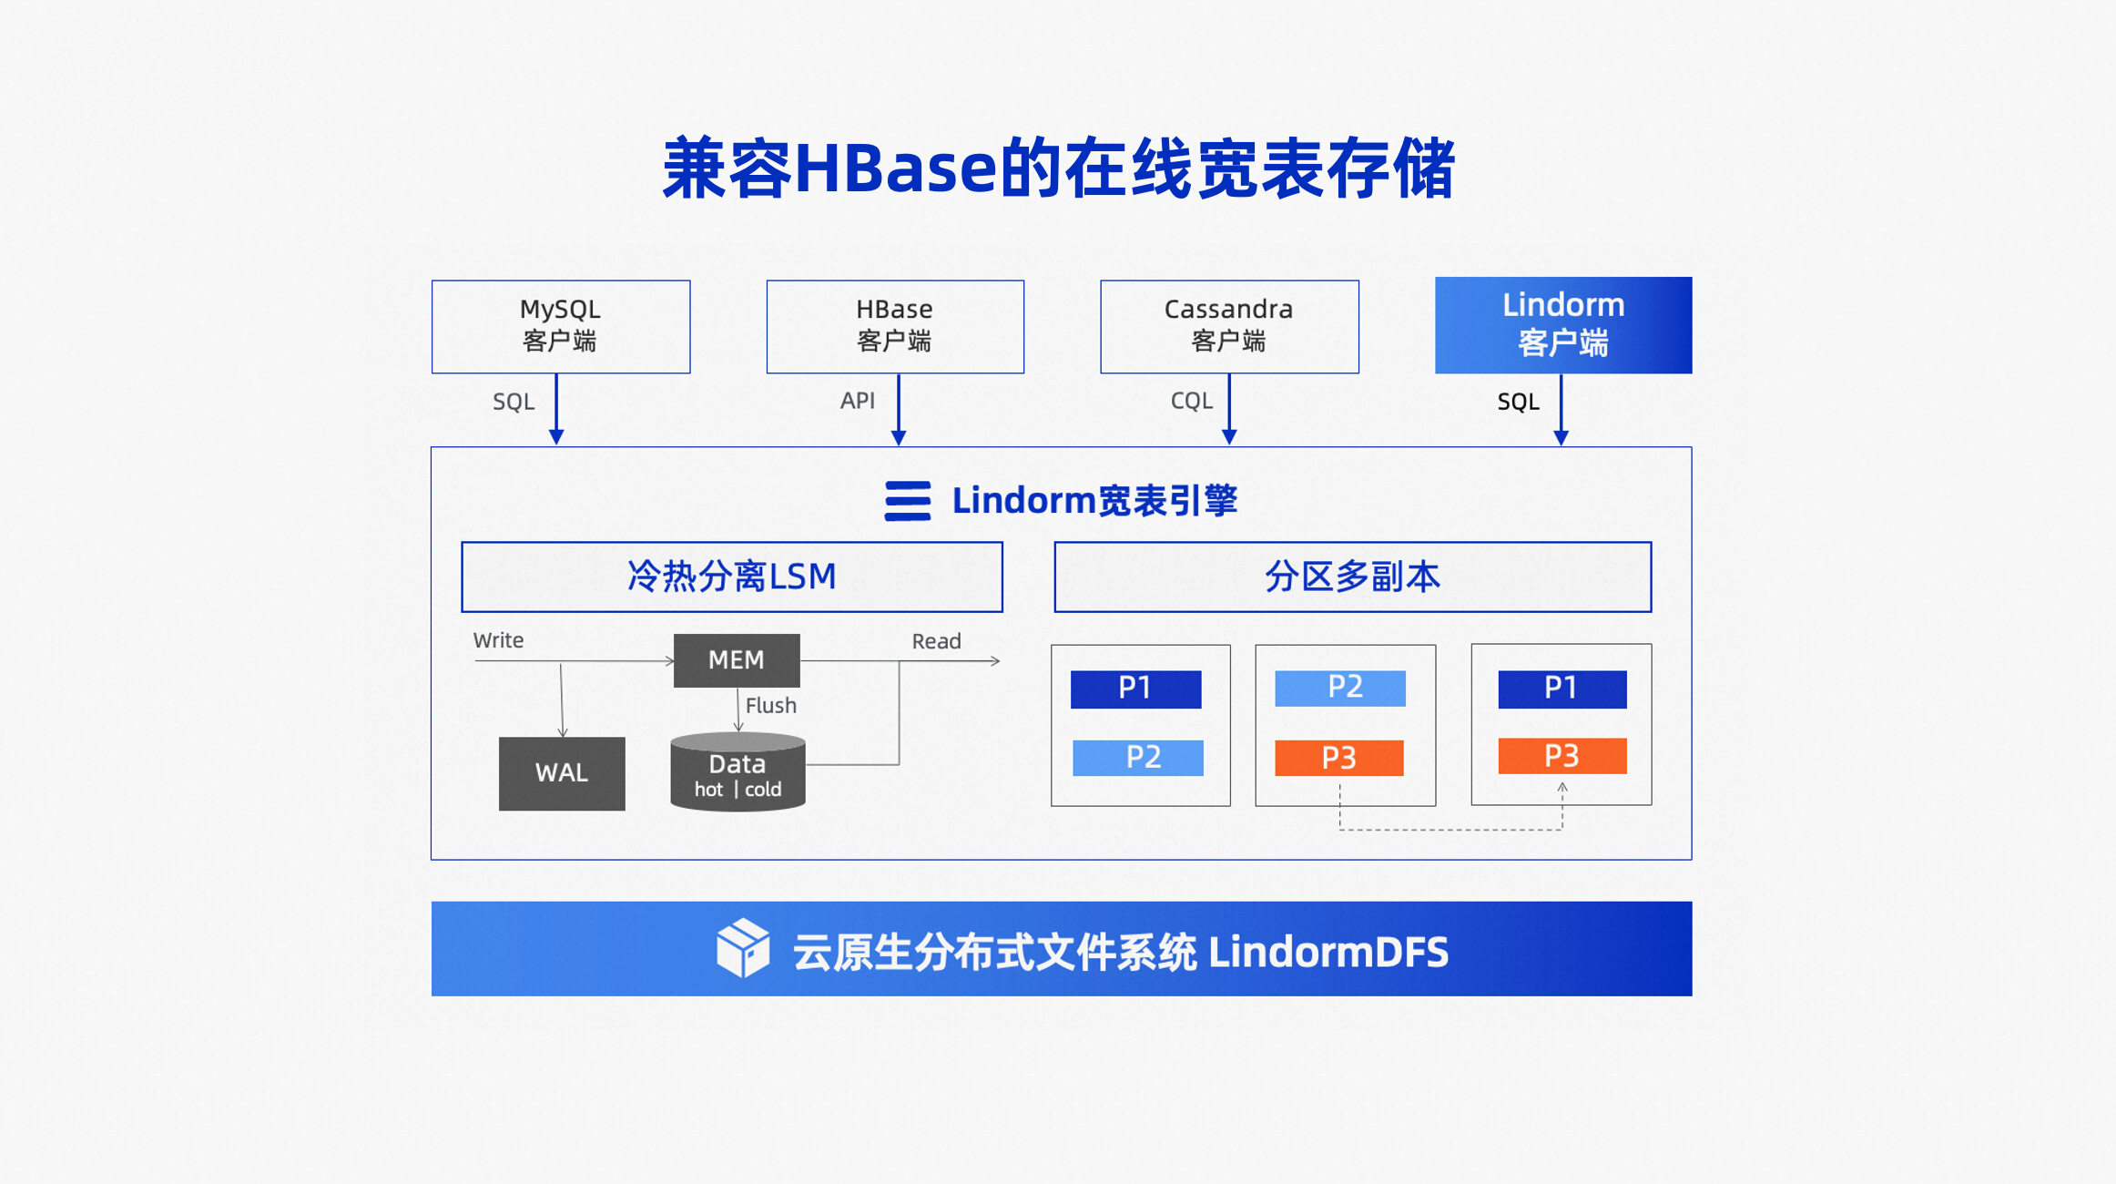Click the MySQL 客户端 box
pyautogui.click(x=561, y=326)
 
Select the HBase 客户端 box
pyautogui.click(x=895, y=326)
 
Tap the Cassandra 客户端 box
pyautogui.click(x=1229, y=326)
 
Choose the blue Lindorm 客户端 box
pyautogui.click(x=1563, y=325)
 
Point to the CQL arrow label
pyautogui.click(x=1191, y=401)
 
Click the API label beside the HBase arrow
pyautogui.click(x=857, y=401)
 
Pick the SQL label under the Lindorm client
pyautogui.click(x=1518, y=402)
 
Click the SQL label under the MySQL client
pyautogui.click(x=514, y=402)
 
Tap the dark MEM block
pyautogui.click(x=737, y=660)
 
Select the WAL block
pyautogui.click(x=562, y=773)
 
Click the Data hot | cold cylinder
pyautogui.click(x=738, y=773)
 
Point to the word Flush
pyautogui.click(x=770, y=706)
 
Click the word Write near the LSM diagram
pyautogui.click(x=498, y=640)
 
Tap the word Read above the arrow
pyautogui.click(x=936, y=641)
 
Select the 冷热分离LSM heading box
pyautogui.click(x=732, y=577)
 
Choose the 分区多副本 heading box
pyautogui.click(x=1352, y=577)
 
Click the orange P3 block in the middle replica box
pyautogui.click(x=1338, y=758)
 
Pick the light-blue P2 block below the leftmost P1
pyautogui.click(x=1137, y=758)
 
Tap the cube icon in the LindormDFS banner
pyautogui.click(x=742, y=948)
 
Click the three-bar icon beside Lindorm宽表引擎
pyautogui.click(x=908, y=501)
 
